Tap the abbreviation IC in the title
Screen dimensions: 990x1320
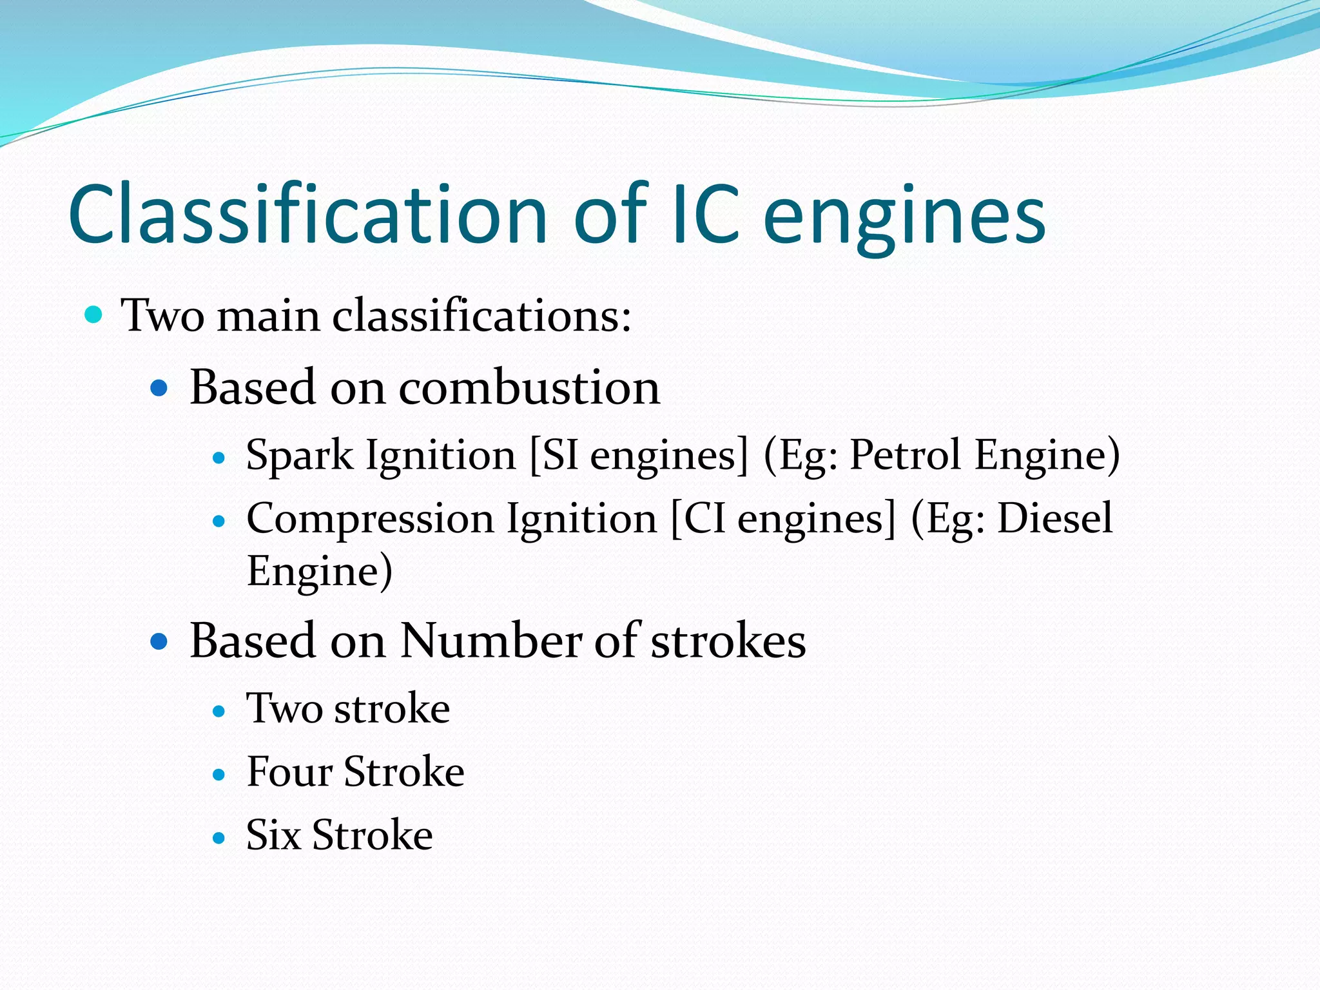tap(705, 214)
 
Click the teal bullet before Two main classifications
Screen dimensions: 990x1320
tap(93, 315)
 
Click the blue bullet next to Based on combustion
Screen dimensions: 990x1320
tap(159, 389)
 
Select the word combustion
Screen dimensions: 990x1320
tap(529, 388)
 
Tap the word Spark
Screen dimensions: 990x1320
tap(300, 456)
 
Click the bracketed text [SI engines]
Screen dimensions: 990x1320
tap(638, 456)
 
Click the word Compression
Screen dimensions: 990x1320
tap(370, 519)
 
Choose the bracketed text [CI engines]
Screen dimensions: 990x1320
tap(783, 519)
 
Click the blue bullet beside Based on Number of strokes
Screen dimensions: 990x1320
tap(159, 641)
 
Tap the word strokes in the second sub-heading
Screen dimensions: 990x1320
tap(728, 641)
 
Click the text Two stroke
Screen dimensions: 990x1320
tap(348, 708)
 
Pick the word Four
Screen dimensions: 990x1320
tap(289, 772)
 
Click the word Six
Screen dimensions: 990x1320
tap(273, 835)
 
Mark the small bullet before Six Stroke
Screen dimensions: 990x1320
tap(219, 838)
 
